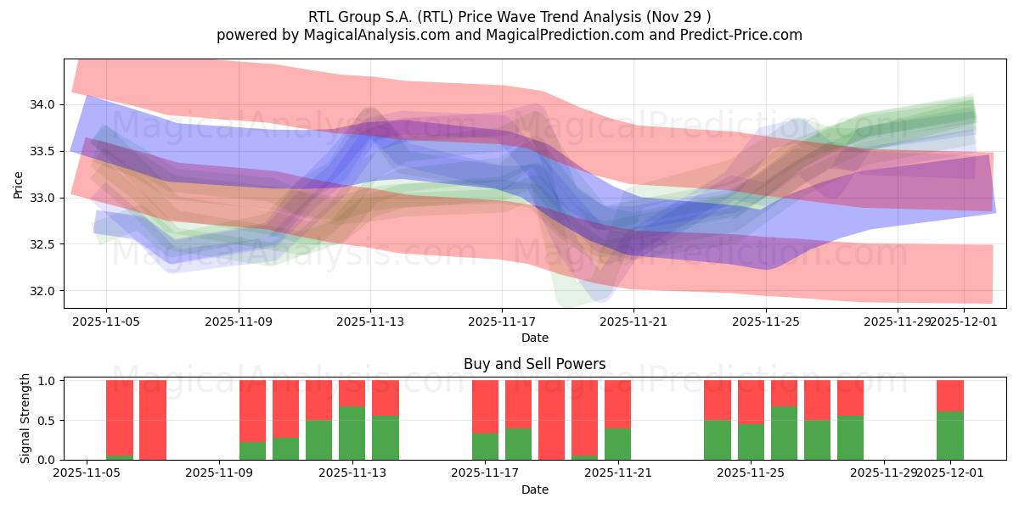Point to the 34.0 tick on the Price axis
pyautogui.click(x=42, y=105)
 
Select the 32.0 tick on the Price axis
pyautogui.click(x=42, y=291)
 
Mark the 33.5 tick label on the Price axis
pyautogui.click(x=42, y=152)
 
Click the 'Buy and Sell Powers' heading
pyautogui.click(x=534, y=364)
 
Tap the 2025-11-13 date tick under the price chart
pyautogui.click(x=370, y=322)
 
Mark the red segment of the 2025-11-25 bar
pyautogui.click(x=751, y=401)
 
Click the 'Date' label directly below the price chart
pyautogui.click(x=534, y=338)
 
